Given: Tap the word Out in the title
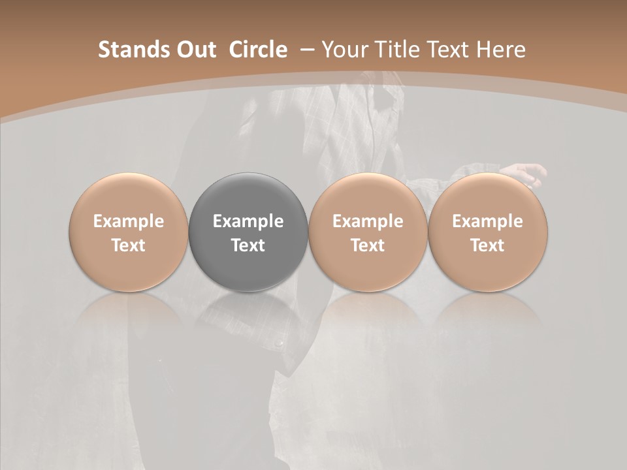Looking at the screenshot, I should tap(195, 50).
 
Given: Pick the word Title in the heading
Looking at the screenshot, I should tap(400, 50).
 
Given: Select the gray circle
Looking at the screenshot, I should tap(248, 196).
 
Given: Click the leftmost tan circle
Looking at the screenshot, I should tap(129, 196).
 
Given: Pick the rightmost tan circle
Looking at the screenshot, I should tap(488, 196).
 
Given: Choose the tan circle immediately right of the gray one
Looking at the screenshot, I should tap(368, 196).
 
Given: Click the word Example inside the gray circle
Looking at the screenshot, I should tap(248, 221).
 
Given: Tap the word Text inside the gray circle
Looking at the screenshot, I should tap(248, 245).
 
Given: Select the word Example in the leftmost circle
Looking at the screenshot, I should tap(129, 221).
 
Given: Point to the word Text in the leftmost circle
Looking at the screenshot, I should tap(129, 245).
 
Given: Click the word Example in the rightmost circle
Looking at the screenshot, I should tap(488, 221).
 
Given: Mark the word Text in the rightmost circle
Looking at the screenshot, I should tap(488, 245).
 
